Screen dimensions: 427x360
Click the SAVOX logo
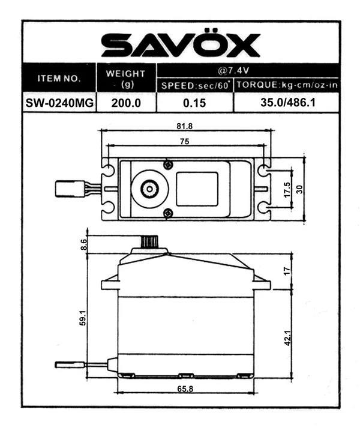tap(180, 44)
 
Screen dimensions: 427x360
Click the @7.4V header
tap(247, 69)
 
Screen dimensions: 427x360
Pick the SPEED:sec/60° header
tap(194, 85)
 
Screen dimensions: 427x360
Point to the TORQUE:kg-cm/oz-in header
tap(287, 85)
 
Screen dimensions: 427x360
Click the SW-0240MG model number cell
tap(59, 103)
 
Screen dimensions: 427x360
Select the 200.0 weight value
tap(126, 103)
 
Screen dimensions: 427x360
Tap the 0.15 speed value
tap(194, 103)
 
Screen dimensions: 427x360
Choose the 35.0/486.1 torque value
tap(287, 103)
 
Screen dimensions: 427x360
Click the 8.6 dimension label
tap(83, 244)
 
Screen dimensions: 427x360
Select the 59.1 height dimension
tap(83, 318)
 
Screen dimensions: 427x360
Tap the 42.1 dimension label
tap(287, 337)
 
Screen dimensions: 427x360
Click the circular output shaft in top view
tap(149, 189)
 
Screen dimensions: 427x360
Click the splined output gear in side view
tap(149, 242)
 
